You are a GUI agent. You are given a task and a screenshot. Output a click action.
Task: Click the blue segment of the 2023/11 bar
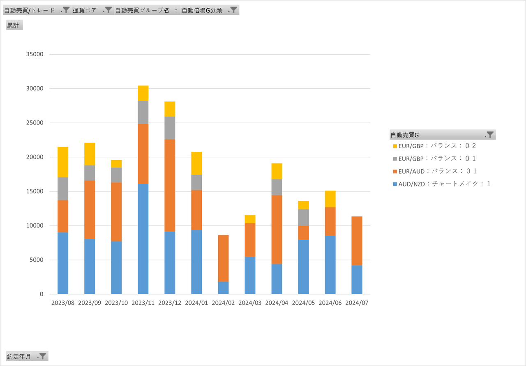click(x=143, y=239)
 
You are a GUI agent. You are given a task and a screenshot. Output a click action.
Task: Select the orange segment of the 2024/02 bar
click(x=223, y=258)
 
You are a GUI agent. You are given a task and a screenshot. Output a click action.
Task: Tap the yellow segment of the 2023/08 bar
click(x=63, y=162)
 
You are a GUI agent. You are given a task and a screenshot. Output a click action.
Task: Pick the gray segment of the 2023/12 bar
click(x=170, y=128)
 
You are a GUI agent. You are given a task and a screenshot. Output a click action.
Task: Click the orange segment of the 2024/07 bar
click(x=357, y=241)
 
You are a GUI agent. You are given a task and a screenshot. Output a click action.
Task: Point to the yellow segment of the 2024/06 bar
click(x=330, y=199)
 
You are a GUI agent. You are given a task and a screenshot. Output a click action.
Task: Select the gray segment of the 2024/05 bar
click(x=304, y=217)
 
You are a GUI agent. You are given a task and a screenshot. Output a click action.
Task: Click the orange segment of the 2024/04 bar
click(x=277, y=230)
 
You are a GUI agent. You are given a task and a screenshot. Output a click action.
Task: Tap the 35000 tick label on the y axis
click(x=35, y=54)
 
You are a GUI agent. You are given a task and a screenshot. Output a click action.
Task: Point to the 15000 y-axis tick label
click(x=35, y=191)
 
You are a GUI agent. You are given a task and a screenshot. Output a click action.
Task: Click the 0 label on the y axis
click(x=42, y=294)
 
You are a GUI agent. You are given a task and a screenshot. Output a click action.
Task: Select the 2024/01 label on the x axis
click(x=196, y=303)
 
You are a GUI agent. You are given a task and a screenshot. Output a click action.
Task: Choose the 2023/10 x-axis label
click(x=116, y=303)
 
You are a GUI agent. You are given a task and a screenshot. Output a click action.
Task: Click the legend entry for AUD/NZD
click(x=442, y=184)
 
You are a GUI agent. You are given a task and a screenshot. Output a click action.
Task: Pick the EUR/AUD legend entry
click(x=435, y=171)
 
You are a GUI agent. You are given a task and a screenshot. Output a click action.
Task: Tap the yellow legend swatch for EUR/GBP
click(x=395, y=146)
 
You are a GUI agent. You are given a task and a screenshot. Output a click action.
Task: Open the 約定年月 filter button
click(x=27, y=356)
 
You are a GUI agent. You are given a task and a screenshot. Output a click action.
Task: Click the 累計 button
click(x=14, y=25)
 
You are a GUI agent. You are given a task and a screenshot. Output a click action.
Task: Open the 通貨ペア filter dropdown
click(x=93, y=10)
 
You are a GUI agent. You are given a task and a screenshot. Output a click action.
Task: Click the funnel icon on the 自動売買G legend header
click(x=490, y=134)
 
